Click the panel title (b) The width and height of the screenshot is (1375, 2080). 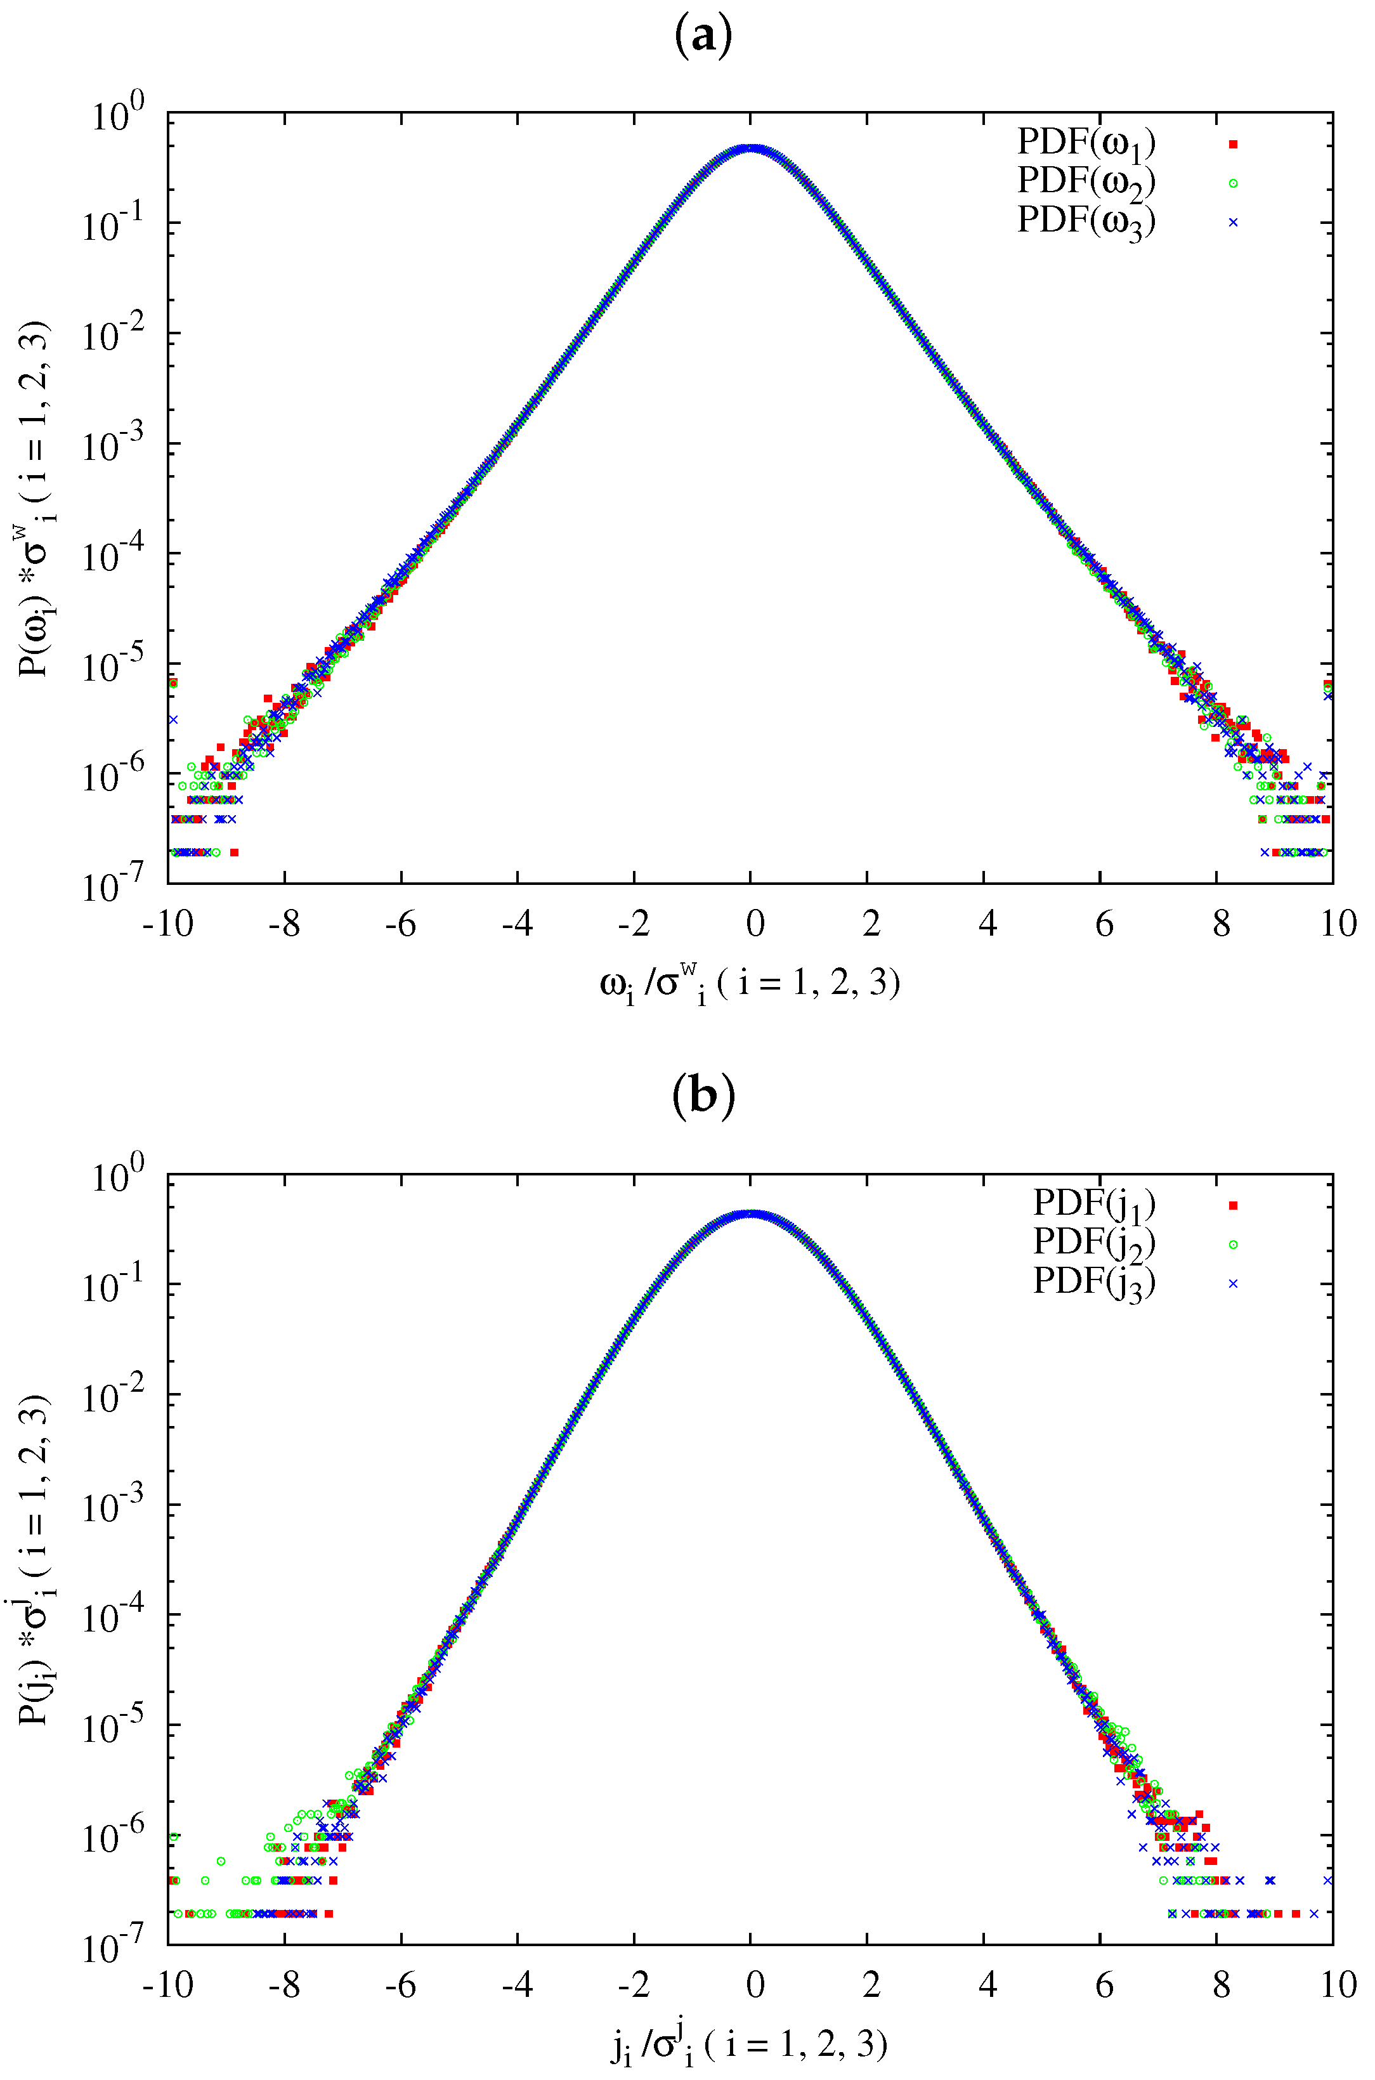(x=703, y=1096)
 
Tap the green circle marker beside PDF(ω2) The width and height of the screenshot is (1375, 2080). (x=1232, y=183)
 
